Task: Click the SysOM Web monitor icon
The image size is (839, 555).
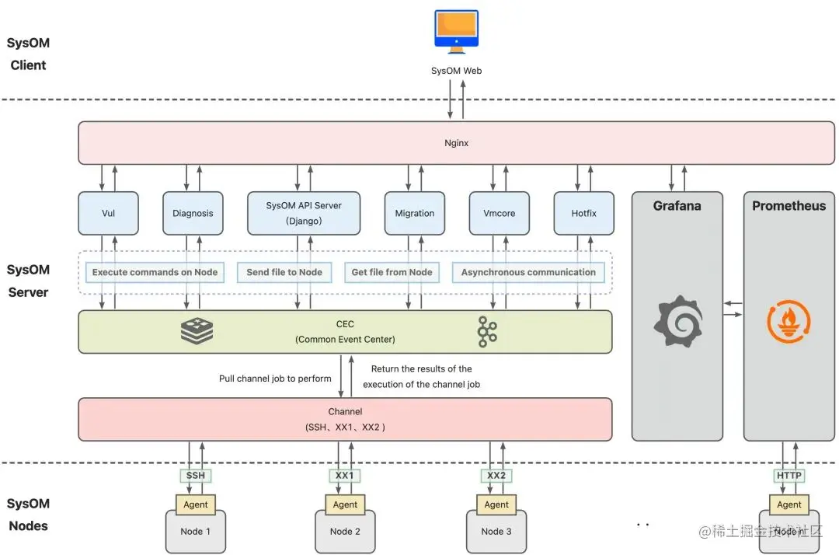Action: tap(456, 31)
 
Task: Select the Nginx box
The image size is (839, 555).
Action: tap(456, 143)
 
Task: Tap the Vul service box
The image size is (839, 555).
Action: tap(109, 213)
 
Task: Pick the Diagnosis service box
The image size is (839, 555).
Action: tap(193, 213)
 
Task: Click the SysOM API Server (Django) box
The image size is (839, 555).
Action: tap(304, 213)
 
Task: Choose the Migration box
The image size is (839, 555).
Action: tap(415, 213)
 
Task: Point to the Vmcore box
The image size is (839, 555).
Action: tap(500, 213)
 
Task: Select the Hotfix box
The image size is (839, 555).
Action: tap(583, 213)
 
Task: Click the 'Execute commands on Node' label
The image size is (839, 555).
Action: tap(155, 272)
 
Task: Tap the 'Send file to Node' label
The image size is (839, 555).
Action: tap(284, 272)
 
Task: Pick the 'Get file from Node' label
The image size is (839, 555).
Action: tap(392, 272)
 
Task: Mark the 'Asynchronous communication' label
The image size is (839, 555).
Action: tap(528, 272)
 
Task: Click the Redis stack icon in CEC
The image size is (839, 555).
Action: tap(197, 331)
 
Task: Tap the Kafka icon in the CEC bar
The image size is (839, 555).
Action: tap(487, 332)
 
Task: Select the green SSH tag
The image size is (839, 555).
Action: tap(195, 476)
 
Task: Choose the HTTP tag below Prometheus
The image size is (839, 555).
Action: tap(789, 476)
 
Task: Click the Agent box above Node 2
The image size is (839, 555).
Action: tap(345, 504)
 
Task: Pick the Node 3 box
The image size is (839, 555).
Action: tap(496, 532)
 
